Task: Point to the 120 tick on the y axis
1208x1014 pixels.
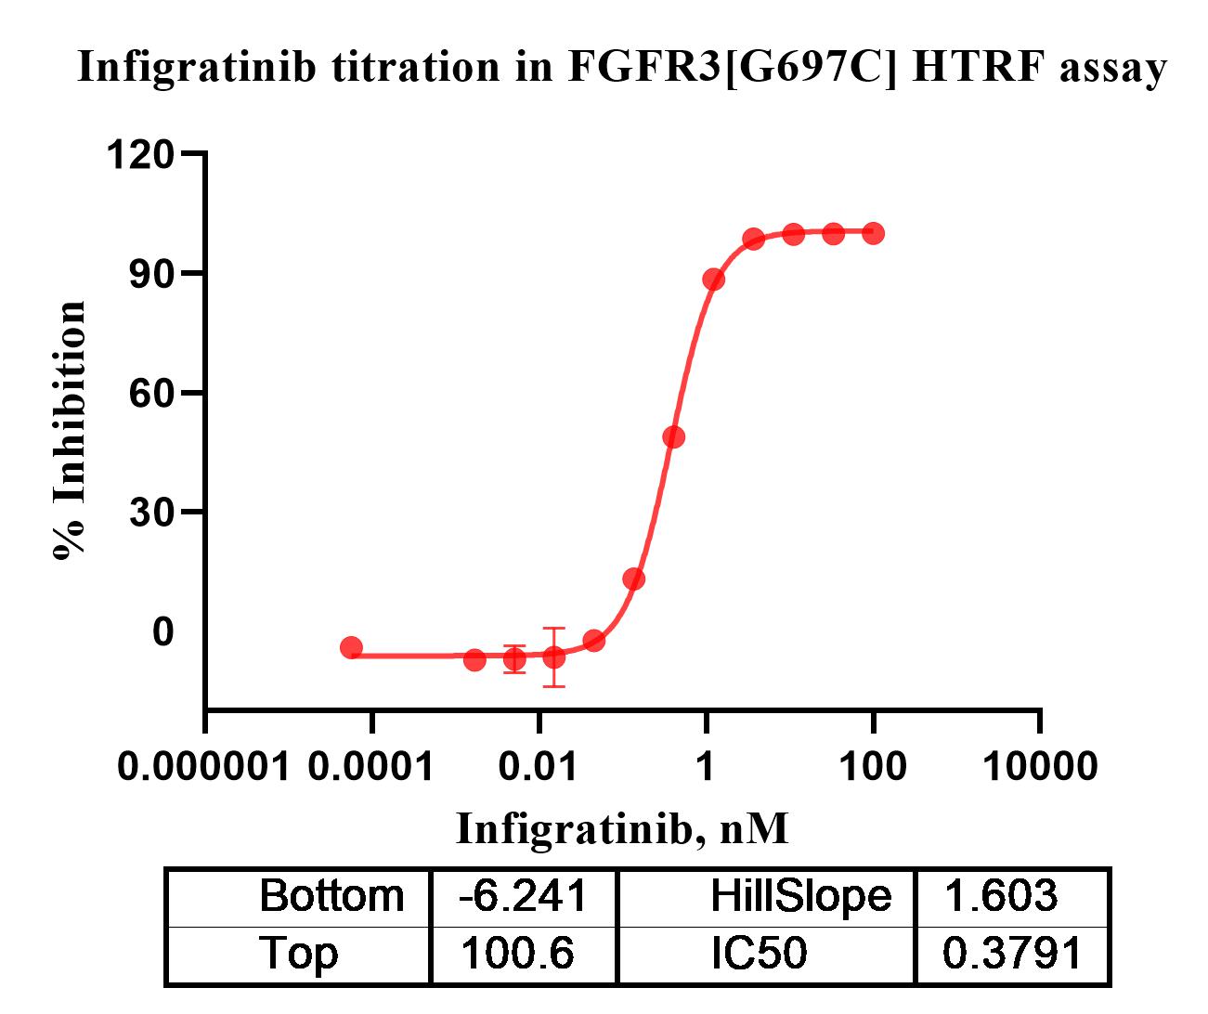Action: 140,154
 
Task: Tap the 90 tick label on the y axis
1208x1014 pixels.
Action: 151,273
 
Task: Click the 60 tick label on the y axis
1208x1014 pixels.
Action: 151,393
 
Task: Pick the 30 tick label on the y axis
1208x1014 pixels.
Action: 151,512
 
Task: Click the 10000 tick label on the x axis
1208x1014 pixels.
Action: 1040,767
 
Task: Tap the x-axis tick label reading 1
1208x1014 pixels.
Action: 706,767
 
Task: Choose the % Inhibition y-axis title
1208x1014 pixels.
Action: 71,430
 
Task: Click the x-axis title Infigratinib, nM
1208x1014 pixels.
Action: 622,827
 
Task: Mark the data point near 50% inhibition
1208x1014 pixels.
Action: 674,436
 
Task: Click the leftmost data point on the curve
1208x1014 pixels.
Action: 351,647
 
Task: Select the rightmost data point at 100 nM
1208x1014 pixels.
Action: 873,233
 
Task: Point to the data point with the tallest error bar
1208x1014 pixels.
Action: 554,656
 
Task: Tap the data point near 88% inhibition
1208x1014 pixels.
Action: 713,279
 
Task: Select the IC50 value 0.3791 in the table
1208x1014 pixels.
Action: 1012,954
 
